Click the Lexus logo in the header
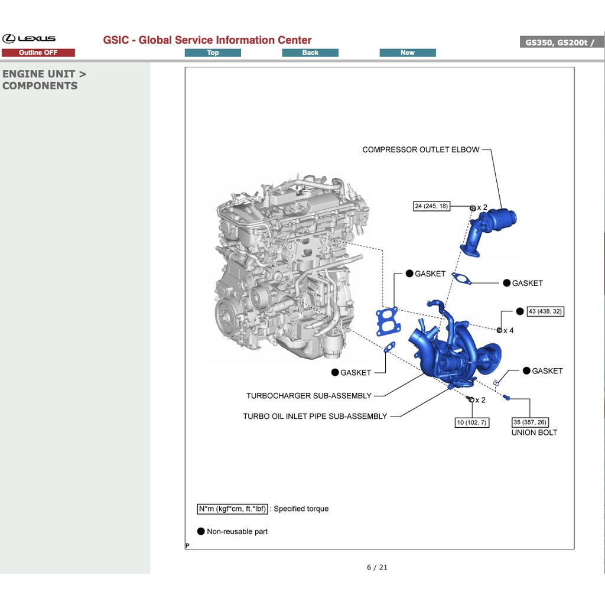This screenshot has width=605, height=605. [29, 39]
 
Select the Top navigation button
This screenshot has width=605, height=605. [213, 53]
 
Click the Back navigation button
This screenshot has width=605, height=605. [310, 53]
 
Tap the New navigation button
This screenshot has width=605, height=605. [408, 53]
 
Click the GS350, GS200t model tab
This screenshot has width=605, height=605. [561, 43]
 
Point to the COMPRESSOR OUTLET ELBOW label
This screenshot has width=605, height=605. [421, 150]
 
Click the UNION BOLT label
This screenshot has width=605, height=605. [534, 432]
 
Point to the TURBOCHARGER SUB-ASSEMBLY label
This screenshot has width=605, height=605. [309, 396]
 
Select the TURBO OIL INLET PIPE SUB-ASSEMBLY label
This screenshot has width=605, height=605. [315, 417]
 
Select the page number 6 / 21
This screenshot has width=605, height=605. [377, 568]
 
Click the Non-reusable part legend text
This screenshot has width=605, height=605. [237, 532]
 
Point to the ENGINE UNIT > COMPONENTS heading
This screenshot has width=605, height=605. [44, 80]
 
